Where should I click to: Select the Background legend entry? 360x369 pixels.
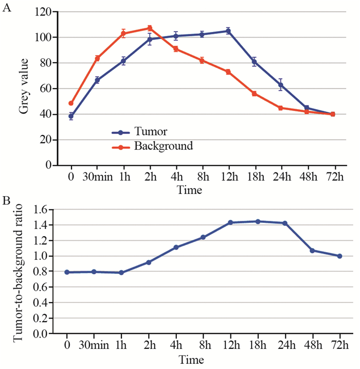(163, 146)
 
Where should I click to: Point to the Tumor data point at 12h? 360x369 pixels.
(228, 31)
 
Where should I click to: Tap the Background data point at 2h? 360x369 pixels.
(150, 28)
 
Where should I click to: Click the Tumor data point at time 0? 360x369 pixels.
(71, 116)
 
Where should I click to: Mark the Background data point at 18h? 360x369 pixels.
(254, 94)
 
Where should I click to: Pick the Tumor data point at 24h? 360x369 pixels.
(280, 85)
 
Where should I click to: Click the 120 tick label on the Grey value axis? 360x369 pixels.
(43, 11)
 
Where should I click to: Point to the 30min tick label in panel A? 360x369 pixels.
(97, 177)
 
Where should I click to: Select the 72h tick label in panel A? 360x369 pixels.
(333, 177)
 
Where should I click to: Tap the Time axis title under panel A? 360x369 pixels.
(190, 189)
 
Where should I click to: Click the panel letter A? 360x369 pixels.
(7, 10)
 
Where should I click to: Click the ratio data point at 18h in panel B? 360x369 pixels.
(258, 221)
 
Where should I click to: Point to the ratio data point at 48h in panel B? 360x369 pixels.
(312, 251)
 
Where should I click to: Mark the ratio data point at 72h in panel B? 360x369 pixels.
(339, 256)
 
